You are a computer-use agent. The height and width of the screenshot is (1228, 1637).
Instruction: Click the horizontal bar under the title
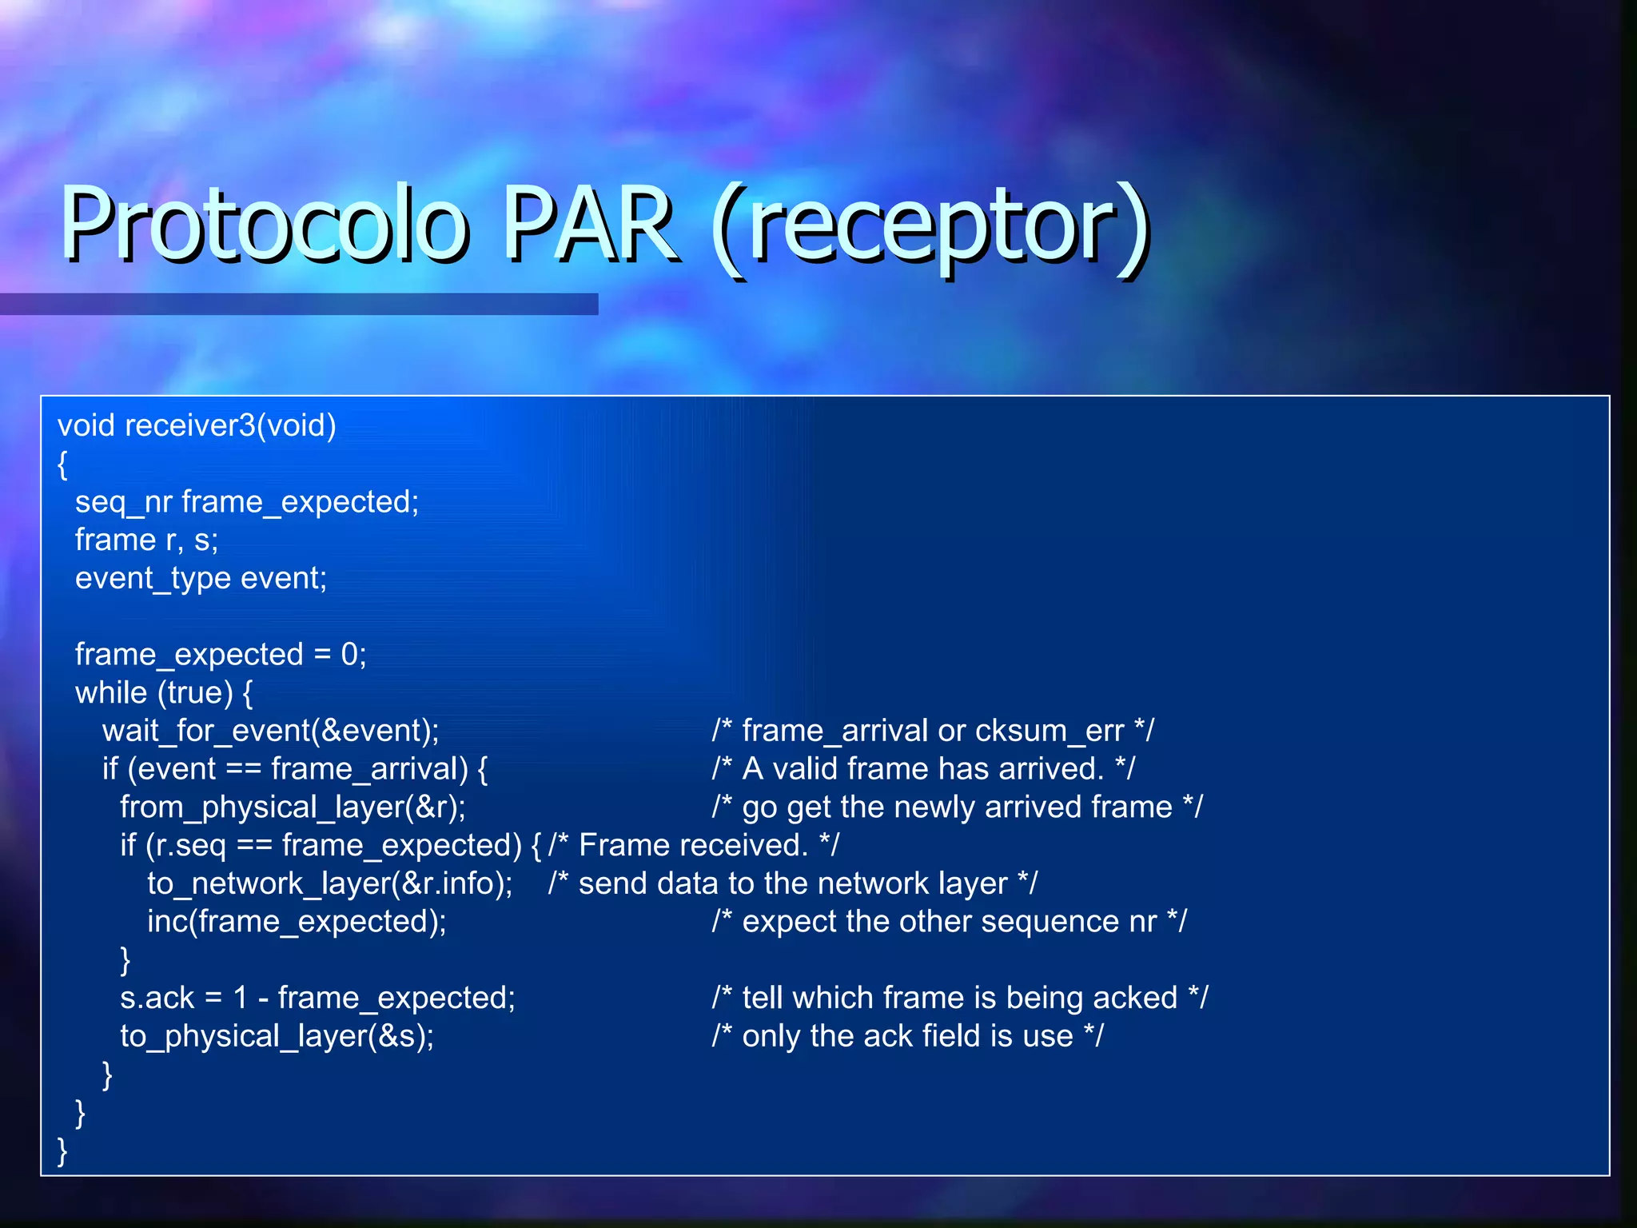[299, 304]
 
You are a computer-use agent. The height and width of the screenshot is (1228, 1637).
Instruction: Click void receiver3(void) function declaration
[197, 425]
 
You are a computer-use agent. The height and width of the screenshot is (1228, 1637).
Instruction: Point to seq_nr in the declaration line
[123, 502]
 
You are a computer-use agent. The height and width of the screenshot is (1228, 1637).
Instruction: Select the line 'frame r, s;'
[146, 540]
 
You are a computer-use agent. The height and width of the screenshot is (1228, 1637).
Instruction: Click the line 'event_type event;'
[201, 578]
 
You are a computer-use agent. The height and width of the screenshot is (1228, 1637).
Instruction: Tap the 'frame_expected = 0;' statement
[221, 655]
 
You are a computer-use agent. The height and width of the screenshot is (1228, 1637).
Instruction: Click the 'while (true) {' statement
[164, 693]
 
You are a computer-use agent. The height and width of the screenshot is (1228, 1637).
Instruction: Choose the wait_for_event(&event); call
[270, 731]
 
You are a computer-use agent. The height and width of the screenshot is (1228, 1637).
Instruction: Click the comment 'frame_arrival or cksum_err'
[933, 731]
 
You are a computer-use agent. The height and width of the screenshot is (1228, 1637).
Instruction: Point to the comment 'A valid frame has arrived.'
[923, 769]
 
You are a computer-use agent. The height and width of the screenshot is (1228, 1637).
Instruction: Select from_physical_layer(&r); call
[293, 807]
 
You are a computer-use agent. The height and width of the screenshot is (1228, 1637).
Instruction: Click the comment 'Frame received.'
[694, 846]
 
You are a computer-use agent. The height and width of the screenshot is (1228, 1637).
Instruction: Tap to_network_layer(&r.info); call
[329, 883]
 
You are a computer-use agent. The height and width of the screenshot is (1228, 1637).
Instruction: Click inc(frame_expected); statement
[297, 922]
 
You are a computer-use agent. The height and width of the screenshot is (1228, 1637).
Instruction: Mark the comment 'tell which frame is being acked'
[959, 998]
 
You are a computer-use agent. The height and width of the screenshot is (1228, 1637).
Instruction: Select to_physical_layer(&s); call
[277, 1036]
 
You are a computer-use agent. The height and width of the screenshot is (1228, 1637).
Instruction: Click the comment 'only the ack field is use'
[907, 1036]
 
